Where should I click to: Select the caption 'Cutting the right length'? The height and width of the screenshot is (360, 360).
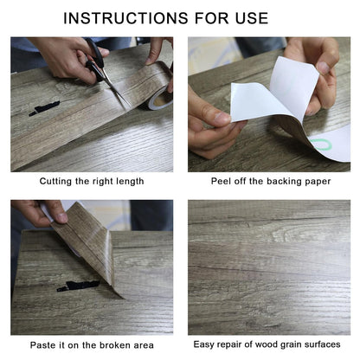pos(91,181)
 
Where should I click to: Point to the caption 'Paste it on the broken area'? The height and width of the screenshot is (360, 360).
pos(91,344)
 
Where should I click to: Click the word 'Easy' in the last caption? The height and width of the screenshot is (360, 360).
pos(209,344)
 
